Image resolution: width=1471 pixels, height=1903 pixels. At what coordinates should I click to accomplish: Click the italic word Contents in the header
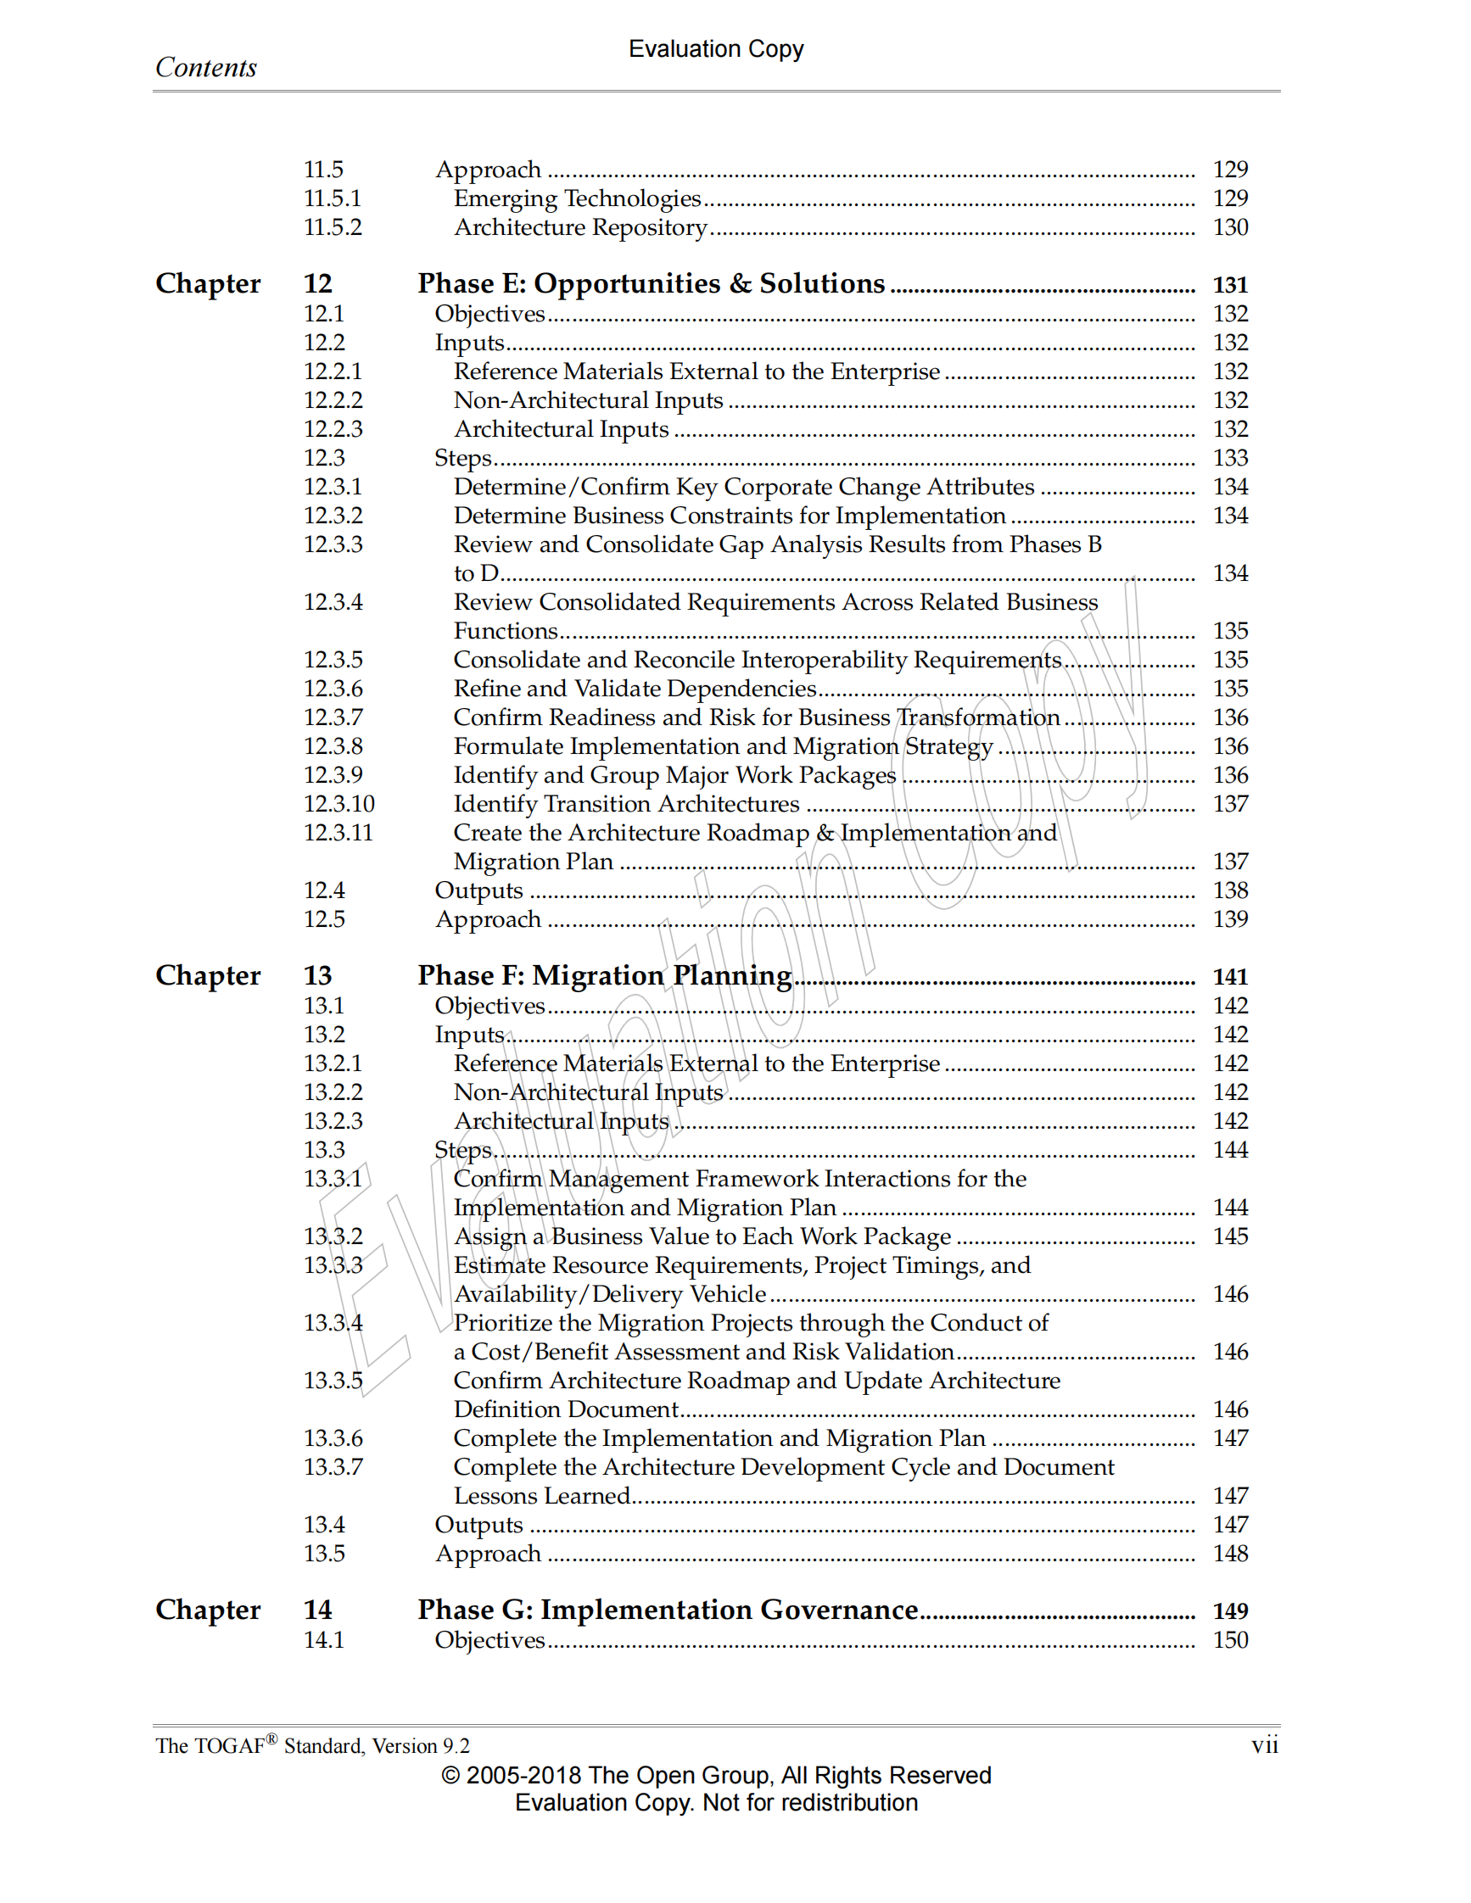pos(205,67)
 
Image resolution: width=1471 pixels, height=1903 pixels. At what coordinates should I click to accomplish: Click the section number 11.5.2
pos(332,227)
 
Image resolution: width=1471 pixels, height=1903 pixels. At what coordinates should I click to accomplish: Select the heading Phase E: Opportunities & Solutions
pos(650,283)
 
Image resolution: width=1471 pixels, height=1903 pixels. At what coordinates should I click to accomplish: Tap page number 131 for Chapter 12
pos(1229,285)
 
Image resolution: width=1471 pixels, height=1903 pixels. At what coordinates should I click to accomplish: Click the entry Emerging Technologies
pos(577,198)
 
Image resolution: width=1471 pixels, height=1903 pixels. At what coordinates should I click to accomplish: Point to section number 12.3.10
pos(338,803)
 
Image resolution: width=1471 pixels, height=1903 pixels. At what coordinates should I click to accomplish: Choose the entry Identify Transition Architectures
pos(626,803)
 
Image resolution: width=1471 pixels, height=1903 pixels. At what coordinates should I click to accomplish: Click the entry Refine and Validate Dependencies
pos(635,689)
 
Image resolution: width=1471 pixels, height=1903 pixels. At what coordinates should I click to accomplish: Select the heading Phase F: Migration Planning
pos(604,975)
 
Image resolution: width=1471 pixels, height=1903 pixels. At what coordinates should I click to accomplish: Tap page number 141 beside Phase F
pos(1229,977)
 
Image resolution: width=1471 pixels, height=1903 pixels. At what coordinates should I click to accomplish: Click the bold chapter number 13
pos(317,976)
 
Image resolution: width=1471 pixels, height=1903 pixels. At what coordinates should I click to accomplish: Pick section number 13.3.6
pos(332,1437)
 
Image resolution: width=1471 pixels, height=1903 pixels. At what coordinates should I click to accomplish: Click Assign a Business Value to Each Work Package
pos(702,1236)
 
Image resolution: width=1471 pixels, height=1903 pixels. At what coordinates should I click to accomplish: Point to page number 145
pos(1229,1236)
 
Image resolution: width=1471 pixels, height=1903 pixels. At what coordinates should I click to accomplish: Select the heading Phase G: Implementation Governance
pos(668,1610)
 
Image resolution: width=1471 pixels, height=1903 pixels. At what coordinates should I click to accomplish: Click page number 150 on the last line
pos(1229,1640)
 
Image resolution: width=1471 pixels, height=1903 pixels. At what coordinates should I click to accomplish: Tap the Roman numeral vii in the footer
pos(1264,1745)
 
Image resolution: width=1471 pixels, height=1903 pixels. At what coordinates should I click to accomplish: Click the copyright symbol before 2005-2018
pos(450,1776)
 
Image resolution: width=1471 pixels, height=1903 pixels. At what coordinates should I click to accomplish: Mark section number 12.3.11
pos(338,833)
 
